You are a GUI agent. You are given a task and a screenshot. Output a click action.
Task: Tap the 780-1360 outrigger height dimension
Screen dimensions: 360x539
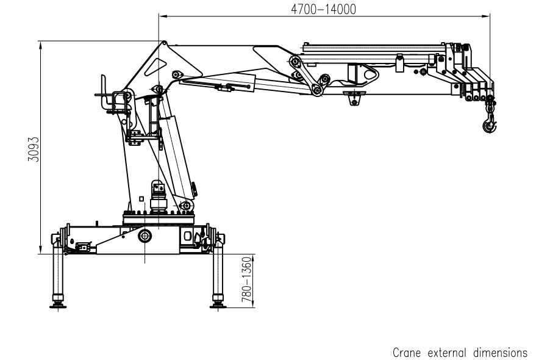pyautogui.click(x=246, y=279)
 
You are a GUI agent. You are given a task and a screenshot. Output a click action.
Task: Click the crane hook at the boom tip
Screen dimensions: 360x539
pyautogui.click(x=488, y=125)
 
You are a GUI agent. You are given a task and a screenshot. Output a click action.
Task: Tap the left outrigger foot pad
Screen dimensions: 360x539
pyautogui.click(x=59, y=303)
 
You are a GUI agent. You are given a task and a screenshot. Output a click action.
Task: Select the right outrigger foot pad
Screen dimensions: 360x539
pyautogui.click(x=218, y=303)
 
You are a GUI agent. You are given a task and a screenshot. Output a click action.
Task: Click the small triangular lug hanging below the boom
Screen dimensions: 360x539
pyautogui.click(x=353, y=98)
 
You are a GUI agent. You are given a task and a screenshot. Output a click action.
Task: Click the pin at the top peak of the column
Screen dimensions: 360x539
pyautogui.click(x=164, y=43)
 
